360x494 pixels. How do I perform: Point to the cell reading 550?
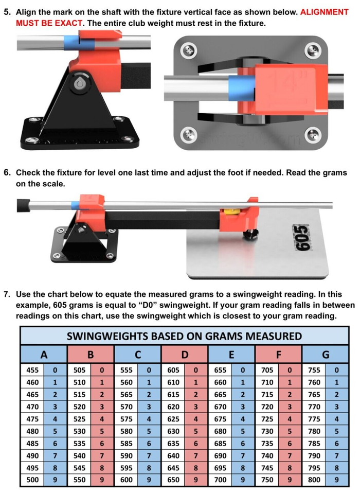pyautogui.click(x=79, y=480)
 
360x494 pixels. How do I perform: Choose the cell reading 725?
pyautogui.click(x=266, y=418)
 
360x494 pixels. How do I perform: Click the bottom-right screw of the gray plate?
pyautogui.click(x=312, y=135)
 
